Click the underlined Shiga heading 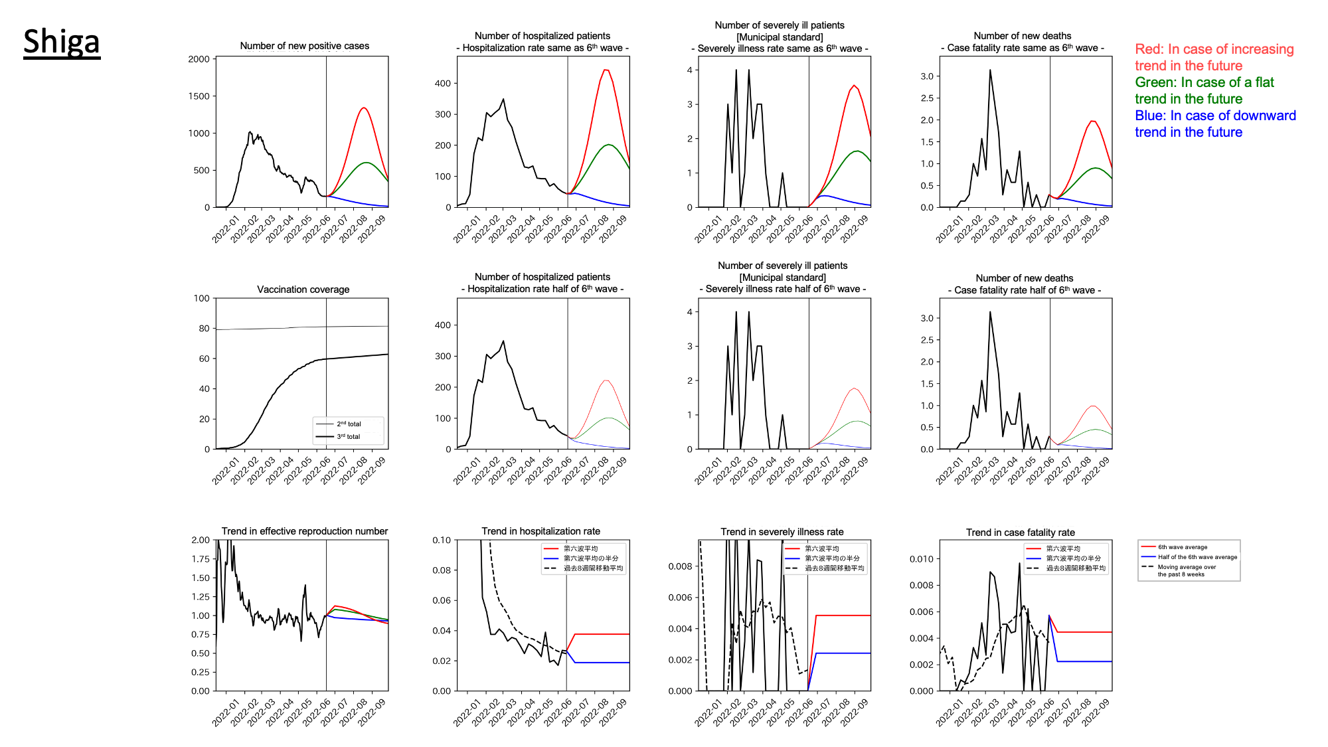pyautogui.click(x=62, y=42)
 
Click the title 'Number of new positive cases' pyautogui.click(x=304, y=46)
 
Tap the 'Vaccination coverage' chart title pyautogui.click(x=303, y=290)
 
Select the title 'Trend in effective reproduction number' pyautogui.click(x=304, y=531)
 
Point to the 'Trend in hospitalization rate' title pyautogui.click(x=540, y=531)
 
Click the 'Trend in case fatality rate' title pyautogui.click(x=1020, y=533)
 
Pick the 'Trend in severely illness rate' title pyautogui.click(x=782, y=532)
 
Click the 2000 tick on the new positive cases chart pyautogui.click(x=199, y=59)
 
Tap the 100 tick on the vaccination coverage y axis pyautogui.click(x=201, y=298)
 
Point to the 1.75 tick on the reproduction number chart pyautogui.click(x=200, y=559)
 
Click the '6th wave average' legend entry pyautogui.click(x=1183, y=547)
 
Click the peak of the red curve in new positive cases pyautogui.click(x=364, y=108)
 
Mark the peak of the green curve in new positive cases pyautogui.click(x=366, y=162)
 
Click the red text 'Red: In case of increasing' pyautogui.click(x=1214, y=49)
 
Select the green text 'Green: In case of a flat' pyautogui.click(x=1204, y=82)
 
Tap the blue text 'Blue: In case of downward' pyautogui.click(x=1215, y=116)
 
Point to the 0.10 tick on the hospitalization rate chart pyautogui.click(x=442, y=540)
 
